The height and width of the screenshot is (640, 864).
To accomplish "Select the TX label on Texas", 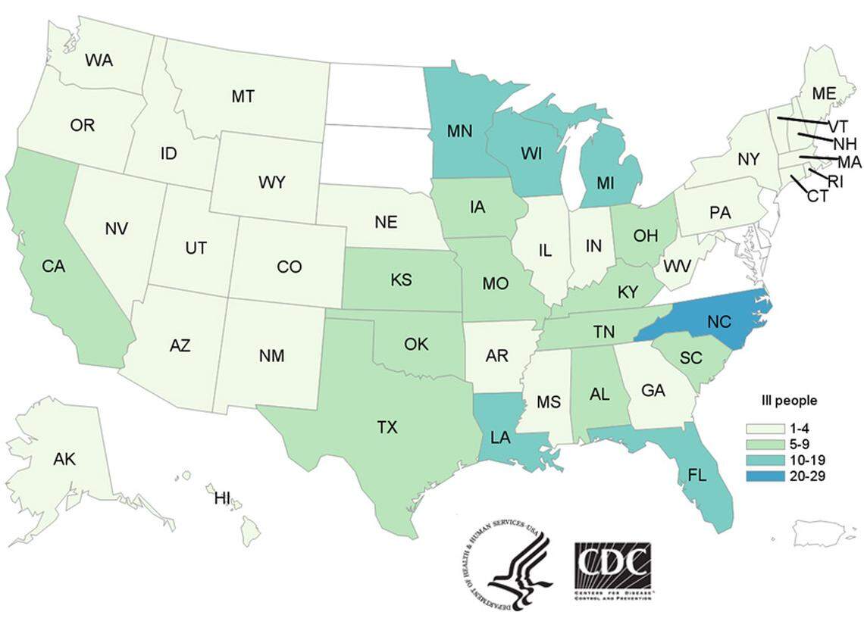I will tap(387, 428).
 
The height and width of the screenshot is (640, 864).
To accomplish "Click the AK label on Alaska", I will tap(64, 458).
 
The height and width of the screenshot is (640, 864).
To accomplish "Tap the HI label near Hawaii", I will tap(222, 498).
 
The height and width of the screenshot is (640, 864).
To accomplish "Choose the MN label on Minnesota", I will tap(459, 130).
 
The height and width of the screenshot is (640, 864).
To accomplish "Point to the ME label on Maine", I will tap(823, 93).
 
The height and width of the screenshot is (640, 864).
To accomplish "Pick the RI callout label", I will tap(834, 181).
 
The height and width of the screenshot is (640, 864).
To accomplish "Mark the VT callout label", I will tap(837, 126).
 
